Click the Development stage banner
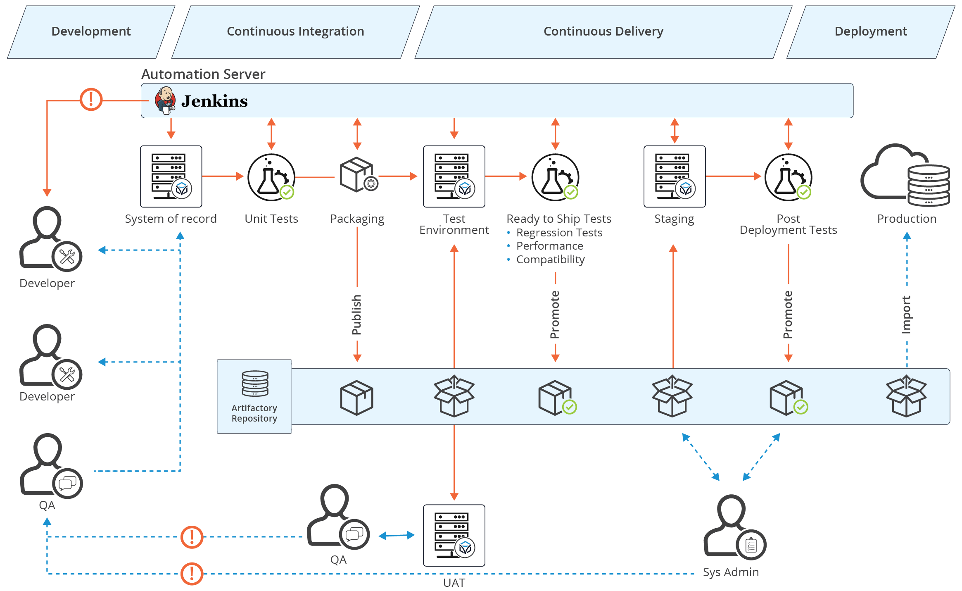[91, 31]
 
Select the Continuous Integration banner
[295, 31]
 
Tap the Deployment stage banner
[871, 31]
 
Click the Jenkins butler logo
[165, 100]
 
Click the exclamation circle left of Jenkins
[91, 99]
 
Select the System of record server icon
[171, 176]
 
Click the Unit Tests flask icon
[271, 177]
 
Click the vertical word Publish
[356, 315]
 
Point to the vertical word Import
[906, 315]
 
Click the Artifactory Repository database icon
[255, 384]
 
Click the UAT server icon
[454, 535]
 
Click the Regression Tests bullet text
[559, 233]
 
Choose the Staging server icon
[674, 176]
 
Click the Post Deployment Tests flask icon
[788, 177]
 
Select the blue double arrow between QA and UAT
[397, 535]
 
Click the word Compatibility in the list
[550, 260]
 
